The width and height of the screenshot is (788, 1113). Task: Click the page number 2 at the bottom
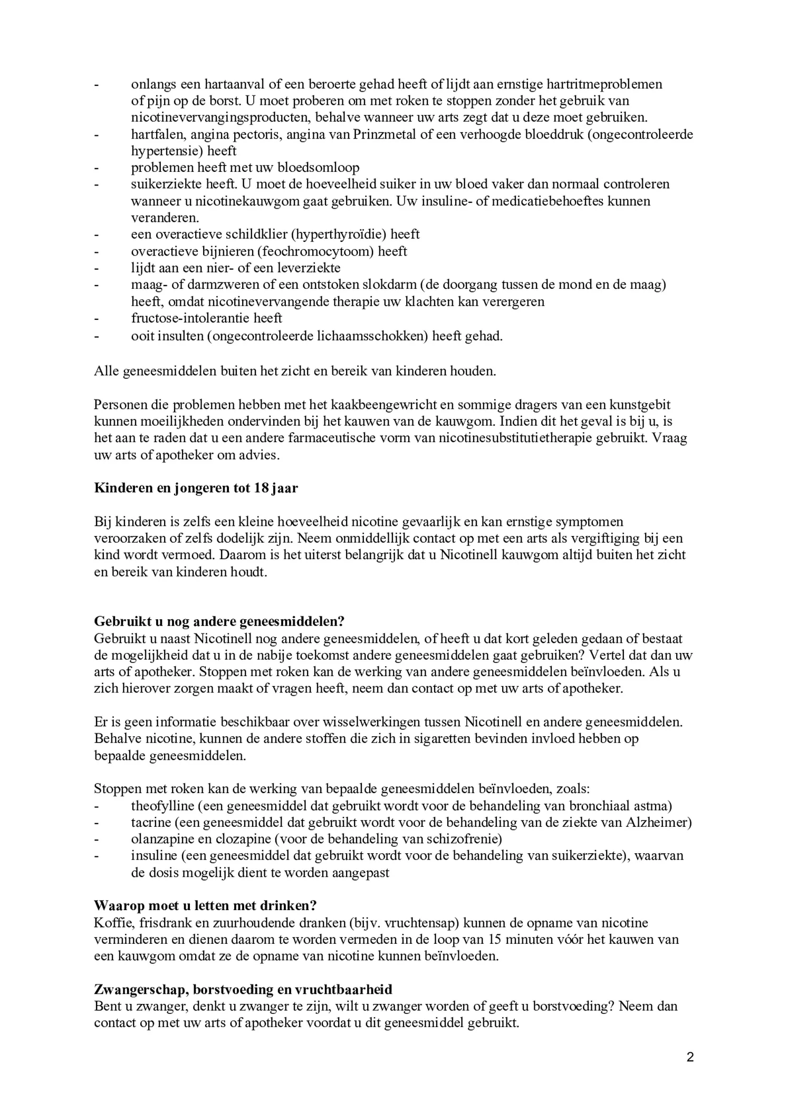click(x=690, y=1057)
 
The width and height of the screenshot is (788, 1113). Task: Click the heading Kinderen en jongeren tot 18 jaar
click(x=196, y=488)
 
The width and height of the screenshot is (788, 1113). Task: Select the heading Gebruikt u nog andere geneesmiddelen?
click(x=219, y=621)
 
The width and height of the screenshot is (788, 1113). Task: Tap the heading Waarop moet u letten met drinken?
click(x=205, y=905)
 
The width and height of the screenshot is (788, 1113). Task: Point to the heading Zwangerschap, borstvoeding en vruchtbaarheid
click(x=243, y=989)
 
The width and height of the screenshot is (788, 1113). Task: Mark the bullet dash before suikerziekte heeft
click(x=97, y=184)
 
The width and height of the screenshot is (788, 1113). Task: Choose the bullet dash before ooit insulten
click(x=97, y=336)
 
